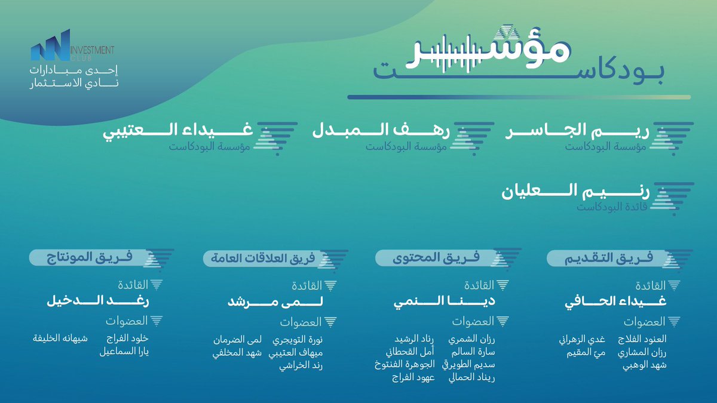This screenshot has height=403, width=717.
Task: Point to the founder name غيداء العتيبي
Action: point(179,131)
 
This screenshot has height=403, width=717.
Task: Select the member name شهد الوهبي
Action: point(648,364)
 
